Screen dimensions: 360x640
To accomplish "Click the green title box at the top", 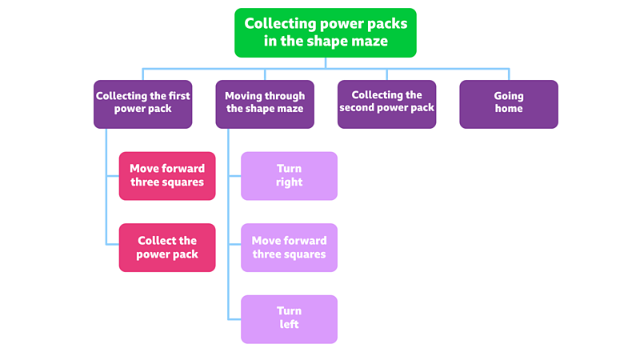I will click(x=325, y=33).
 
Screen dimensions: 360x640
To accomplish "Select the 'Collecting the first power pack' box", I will click(x=143, y=103).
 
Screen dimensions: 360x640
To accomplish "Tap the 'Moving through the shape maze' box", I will click(x=265, y=103).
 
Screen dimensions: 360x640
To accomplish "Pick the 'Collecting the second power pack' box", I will click(x=386, y=103).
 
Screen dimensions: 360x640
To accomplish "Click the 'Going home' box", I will click(x=508, y=103).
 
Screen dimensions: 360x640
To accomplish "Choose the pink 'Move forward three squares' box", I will click(x=167, y=175).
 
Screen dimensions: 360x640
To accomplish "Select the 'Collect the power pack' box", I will click(x=167, y=247).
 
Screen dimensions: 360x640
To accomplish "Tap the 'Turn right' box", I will click(x=289, y=175).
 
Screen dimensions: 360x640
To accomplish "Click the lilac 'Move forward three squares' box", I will click(x=289, y=247).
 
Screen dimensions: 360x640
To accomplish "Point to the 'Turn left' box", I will click(x=289, y=318).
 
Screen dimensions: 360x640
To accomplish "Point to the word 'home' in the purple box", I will click(x=508, y=110).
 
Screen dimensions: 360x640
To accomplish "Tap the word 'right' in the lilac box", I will click(x=289, y=182).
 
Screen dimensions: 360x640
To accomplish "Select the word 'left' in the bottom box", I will click(x=289, y=325).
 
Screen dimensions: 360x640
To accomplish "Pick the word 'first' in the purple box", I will click(x=178, y=96).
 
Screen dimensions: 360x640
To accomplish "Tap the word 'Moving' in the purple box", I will click(x=245, y=96).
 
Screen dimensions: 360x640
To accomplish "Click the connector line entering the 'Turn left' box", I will click(x=234, y=318).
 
